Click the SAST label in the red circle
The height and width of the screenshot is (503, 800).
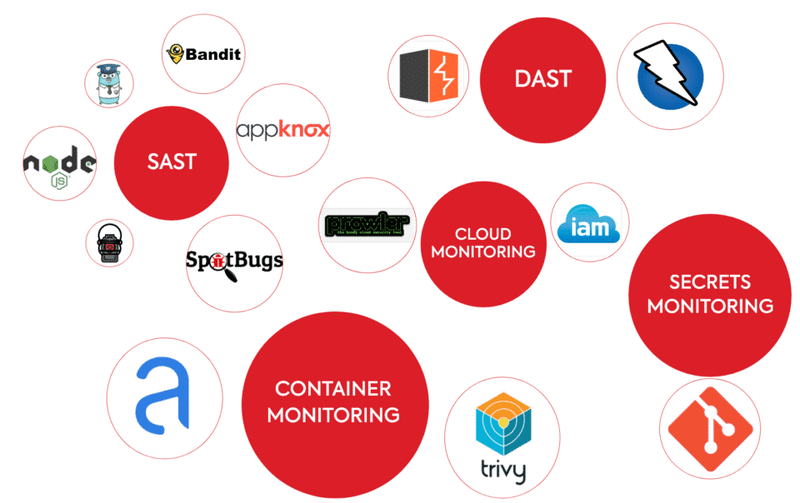[x=172, y=162]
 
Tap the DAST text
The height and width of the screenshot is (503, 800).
[x=542, y=80]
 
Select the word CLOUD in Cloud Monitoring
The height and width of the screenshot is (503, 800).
[x=482, y=234]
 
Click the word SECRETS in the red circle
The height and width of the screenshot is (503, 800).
[x=710, y=282]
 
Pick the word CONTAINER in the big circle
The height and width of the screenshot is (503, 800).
[x=332, y=389]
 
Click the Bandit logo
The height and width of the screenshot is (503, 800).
[x=203, y=54]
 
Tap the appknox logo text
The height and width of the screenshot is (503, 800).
[x=282, y=130]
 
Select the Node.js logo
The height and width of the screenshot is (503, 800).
[x=59, y=164]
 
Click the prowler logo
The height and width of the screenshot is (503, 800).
[x=367, y=224]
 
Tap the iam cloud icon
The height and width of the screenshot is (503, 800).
[x=588, y=222]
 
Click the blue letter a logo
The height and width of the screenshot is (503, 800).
[x=165, y=397]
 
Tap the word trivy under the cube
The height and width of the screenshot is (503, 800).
[x=502, y=471]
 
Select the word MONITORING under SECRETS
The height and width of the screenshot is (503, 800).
[x=710, y=306]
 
